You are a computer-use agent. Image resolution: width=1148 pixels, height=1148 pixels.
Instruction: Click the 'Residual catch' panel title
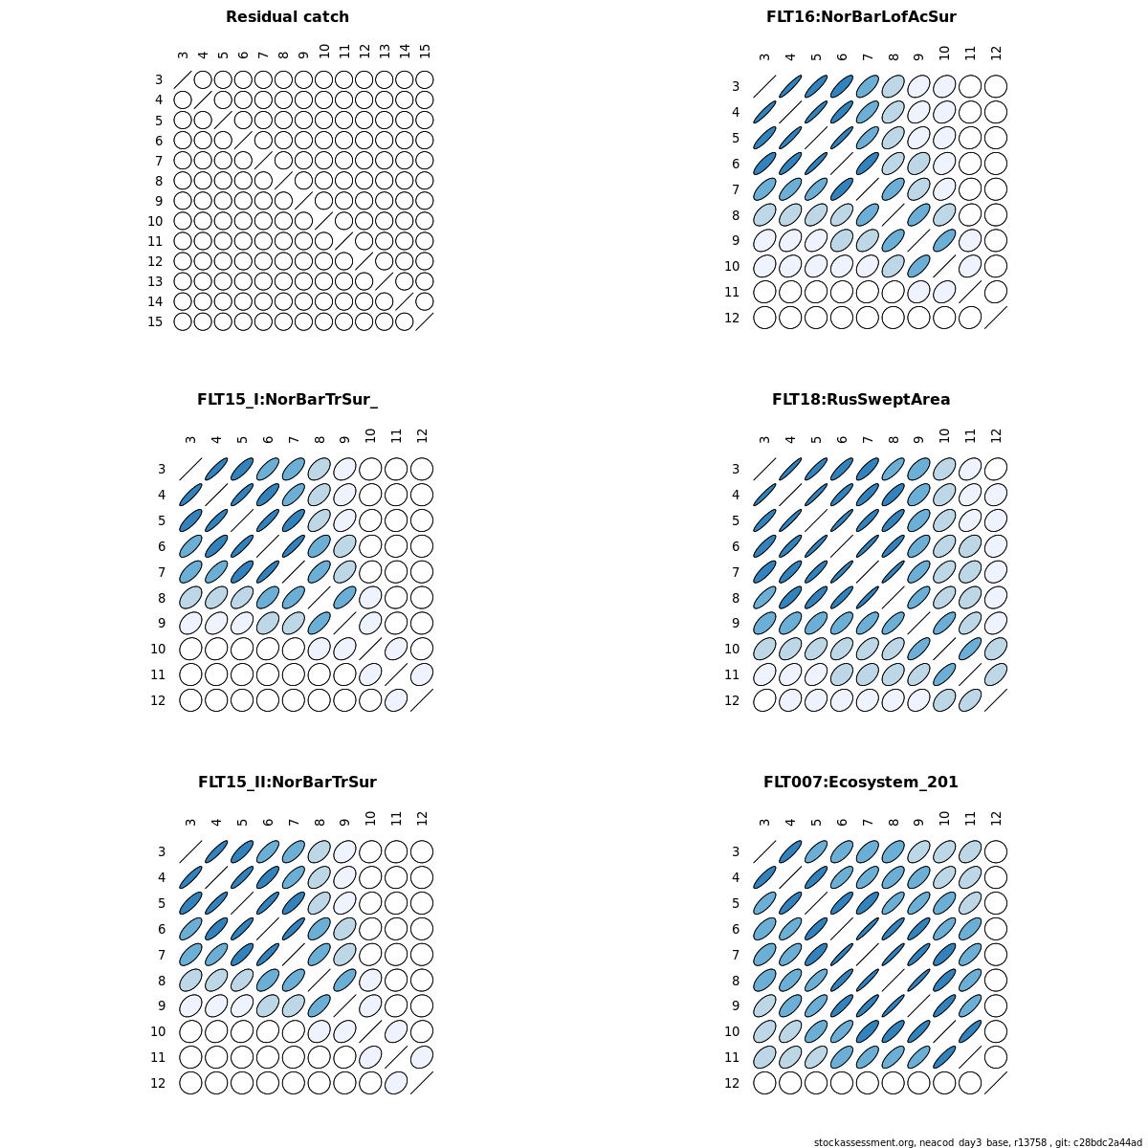[287, 17]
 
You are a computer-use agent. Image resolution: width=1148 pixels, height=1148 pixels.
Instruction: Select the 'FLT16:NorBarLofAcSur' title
[861, 17]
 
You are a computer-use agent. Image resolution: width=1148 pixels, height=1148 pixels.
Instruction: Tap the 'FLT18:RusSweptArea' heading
[861, 400]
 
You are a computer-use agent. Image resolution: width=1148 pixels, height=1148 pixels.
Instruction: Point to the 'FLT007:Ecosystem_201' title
[861, 783]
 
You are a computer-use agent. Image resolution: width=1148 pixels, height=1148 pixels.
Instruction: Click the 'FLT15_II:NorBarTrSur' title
[287, 783]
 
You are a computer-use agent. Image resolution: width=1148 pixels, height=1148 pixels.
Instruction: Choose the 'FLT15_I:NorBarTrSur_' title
[287, 400]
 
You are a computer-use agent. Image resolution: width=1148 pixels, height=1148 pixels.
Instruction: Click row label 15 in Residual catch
[155, 321]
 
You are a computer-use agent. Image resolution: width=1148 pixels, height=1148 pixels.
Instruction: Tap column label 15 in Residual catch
[425, 51]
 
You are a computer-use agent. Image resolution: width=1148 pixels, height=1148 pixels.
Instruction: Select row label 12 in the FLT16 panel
[732, 318]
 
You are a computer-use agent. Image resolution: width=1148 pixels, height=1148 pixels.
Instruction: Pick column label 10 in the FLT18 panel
[944, 435]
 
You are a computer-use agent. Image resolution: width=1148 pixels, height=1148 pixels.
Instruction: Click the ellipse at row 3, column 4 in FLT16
[790, 86]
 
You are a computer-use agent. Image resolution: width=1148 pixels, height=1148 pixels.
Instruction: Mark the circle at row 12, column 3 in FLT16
[764, 318]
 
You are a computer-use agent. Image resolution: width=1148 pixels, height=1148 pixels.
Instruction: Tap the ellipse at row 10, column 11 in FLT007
[970, 1031]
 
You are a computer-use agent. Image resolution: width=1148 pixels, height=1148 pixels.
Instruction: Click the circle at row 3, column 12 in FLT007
[996, 851]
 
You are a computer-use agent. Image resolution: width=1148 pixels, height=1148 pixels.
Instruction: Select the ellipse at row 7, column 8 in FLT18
[893, 572]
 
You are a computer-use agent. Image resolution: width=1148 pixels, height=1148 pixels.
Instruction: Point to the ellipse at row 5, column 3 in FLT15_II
[190, 903]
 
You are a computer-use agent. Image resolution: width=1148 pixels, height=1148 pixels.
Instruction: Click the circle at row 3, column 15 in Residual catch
[425, 79]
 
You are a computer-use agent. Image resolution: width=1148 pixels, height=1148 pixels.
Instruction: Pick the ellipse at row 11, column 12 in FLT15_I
[422, 674]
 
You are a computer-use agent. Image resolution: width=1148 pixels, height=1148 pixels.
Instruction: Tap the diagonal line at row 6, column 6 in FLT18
[842, 546]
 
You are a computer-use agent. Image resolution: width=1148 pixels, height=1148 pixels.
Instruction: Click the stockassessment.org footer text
[978, 1142]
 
